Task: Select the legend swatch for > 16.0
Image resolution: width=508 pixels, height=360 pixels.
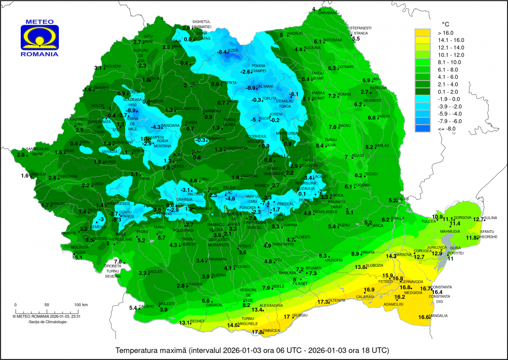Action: (x=422, y=33)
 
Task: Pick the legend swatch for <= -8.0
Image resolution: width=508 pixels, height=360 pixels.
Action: (x=422, y=128)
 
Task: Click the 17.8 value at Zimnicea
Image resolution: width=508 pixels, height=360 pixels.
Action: (x=257, y=332)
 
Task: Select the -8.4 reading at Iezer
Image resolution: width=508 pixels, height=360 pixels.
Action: (x=222, y=52)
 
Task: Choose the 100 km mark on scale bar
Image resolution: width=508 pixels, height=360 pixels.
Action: (x=81, y=305)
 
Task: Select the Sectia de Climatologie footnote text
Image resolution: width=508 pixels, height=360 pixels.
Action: (x=48, y=321)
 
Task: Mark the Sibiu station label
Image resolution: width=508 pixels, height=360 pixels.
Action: (x=204, y=179)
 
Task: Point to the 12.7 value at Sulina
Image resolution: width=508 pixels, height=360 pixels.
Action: (x=479, y=219)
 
